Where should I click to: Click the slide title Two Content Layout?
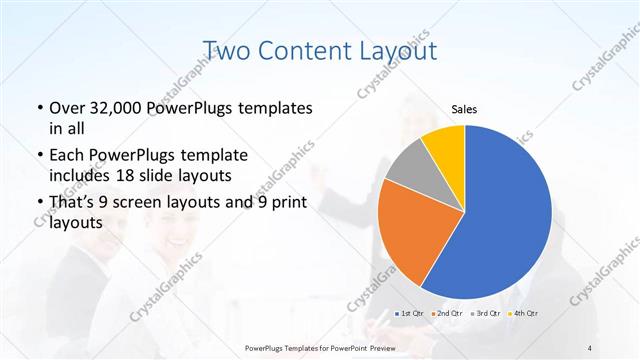click(320, 50)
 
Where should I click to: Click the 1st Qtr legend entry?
click(410, 314)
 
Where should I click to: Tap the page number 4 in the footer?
click(590, 347)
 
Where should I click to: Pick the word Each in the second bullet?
click(68, 155)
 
